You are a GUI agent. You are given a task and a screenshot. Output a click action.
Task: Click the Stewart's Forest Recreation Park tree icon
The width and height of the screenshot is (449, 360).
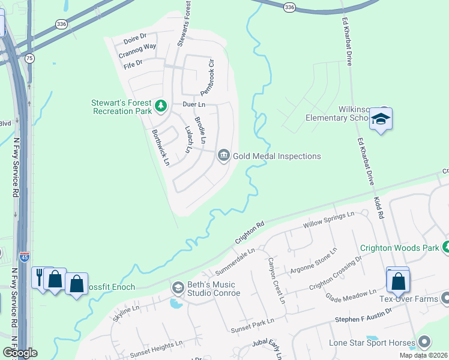point(160,106)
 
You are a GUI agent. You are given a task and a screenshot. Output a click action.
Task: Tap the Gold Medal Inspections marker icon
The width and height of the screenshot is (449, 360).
point(223,156)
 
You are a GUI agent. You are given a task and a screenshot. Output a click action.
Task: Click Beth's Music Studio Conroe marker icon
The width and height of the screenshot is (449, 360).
point(178,288)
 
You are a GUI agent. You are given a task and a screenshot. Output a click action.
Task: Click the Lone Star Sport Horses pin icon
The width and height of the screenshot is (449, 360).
point(424,343)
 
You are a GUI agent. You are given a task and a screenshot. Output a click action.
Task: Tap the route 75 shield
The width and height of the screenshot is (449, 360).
point(29,58)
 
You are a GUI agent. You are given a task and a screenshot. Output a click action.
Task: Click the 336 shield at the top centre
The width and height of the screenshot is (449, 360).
point(290,7)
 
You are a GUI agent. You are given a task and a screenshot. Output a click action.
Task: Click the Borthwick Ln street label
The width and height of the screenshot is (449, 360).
point(161,148)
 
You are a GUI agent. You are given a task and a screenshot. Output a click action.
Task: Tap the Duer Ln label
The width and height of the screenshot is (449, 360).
point(194,104)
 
